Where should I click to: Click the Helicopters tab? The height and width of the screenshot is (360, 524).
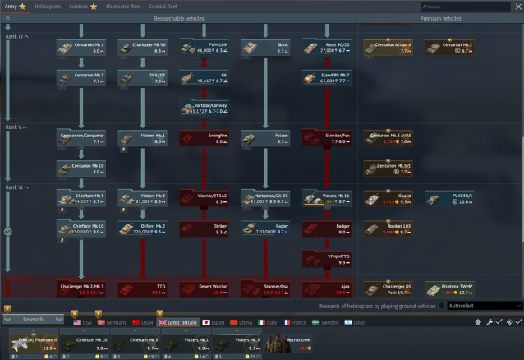48,6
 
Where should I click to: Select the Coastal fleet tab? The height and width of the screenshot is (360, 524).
161,6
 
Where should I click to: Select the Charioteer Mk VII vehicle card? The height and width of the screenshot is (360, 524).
142,47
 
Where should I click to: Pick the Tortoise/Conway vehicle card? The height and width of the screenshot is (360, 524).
203,108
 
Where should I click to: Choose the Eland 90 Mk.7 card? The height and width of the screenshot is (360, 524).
326,78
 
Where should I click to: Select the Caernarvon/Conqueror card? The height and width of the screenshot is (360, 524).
80,137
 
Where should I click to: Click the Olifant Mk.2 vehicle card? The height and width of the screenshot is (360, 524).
142,228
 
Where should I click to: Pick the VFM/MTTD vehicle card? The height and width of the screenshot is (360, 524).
326,259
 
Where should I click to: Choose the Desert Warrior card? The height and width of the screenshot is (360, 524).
203,288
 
